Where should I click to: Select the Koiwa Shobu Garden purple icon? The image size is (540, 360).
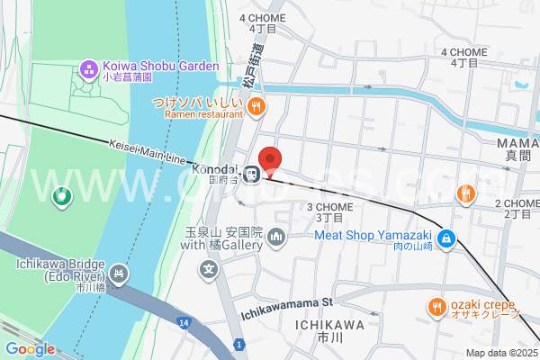pos(89,67)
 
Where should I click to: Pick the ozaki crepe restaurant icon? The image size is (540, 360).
pos(436,307)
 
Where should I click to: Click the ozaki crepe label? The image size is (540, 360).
pos(486,307)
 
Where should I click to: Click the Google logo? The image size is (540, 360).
pos(30,349)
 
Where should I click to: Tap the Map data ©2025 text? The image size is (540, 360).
pos(499,353)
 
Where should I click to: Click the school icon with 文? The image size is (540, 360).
pos(209,268)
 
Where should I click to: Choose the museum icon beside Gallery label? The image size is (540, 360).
pos(276,238)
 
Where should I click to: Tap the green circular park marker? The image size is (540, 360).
pos(61,195)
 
